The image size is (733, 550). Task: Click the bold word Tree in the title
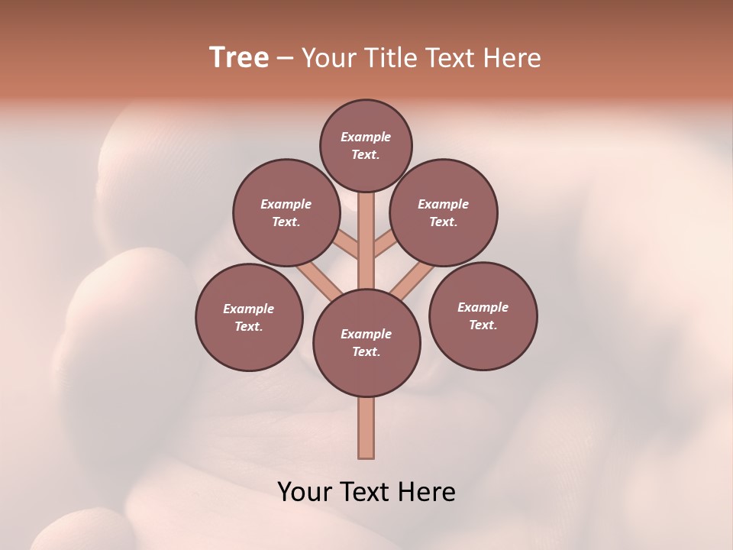click(239, 57)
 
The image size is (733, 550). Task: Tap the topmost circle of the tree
click(366, 145)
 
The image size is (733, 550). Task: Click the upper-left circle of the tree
click(286, 212)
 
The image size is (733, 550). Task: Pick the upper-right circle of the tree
click(444, 212)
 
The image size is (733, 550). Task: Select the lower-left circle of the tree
click(249, 317)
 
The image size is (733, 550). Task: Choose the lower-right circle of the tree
click(483, 315)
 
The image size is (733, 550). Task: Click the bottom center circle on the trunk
click(366, 343)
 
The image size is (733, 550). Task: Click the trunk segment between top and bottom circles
click(366, 241)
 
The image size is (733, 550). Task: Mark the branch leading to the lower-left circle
click(319, 282)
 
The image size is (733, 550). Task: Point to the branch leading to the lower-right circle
click(412, 282)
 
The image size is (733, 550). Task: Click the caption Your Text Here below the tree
click(366, 492)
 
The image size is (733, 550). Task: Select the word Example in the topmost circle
click(366, 137)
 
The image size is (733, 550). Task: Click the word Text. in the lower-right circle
click(483, 325)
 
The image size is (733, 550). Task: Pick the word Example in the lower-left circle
click(249, 309)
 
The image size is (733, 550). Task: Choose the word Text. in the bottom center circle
click(366, 351)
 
